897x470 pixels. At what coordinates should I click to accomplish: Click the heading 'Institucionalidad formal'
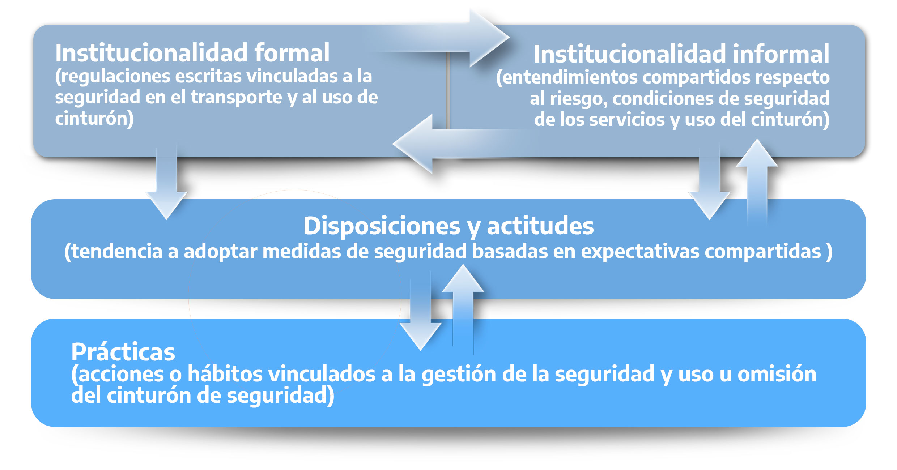[x=192, y=53]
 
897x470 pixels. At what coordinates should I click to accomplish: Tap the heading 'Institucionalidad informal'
[x=681, y=54]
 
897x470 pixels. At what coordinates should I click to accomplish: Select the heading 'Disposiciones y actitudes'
[x=448, y=226]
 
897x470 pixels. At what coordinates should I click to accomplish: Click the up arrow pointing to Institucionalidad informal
[x=757, y=174]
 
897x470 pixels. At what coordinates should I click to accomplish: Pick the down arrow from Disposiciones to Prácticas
[x=420, y=318]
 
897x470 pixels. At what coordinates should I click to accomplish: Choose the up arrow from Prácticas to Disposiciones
[x=463, y=300]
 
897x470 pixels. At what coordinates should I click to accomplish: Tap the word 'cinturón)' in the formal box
[x=94, y=119]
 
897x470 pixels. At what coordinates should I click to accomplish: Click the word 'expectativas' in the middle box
[x=640, y=252]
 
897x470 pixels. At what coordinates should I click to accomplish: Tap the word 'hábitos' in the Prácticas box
[x=225, y=374]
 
